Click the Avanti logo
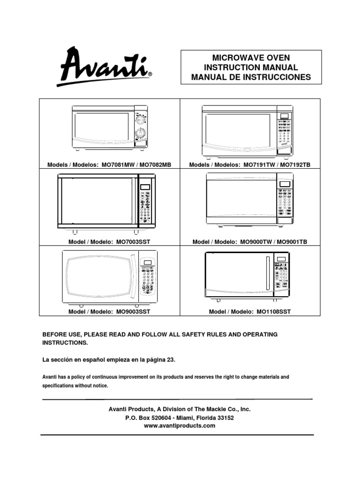(104, 67)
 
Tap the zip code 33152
(225, 418)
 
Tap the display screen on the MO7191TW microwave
(284, 116)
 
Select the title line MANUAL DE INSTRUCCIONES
(251, 77)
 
